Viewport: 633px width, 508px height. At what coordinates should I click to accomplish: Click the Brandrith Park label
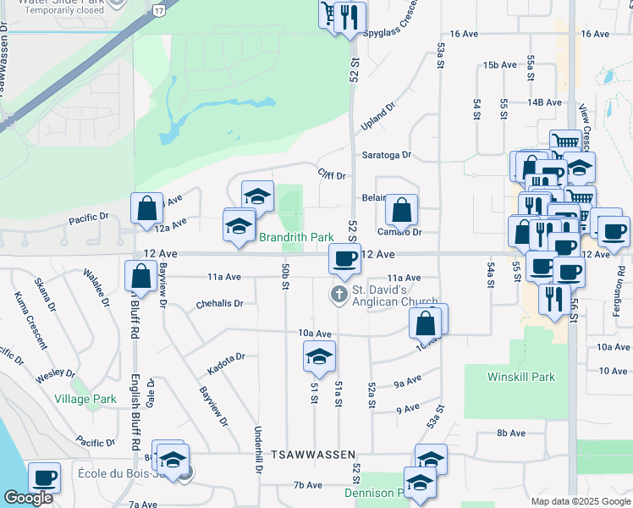tap(295, 238)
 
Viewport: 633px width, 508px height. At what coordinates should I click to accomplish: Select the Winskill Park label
tap(520, 376)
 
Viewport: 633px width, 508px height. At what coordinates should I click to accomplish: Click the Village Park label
tap(85, 399)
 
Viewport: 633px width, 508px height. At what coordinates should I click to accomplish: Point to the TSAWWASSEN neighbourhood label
tap(312, 456)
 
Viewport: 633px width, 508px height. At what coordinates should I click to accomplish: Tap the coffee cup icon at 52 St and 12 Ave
tap(344, 258)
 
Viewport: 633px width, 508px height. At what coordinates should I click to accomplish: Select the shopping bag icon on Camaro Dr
tap(401, 209)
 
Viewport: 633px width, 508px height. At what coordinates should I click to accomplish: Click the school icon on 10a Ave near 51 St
tap(319, 355)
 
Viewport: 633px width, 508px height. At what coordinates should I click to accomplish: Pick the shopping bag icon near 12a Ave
tap(147, 207)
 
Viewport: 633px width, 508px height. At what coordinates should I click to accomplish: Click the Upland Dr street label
tap(377, 116)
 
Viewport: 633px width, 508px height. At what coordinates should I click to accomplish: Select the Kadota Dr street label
tap(226, 364)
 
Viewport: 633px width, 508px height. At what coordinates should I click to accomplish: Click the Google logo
tap(29, 498)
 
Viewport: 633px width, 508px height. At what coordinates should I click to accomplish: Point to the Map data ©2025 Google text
tap(580, 501)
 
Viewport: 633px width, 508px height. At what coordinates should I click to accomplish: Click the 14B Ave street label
tap(545, 102)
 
